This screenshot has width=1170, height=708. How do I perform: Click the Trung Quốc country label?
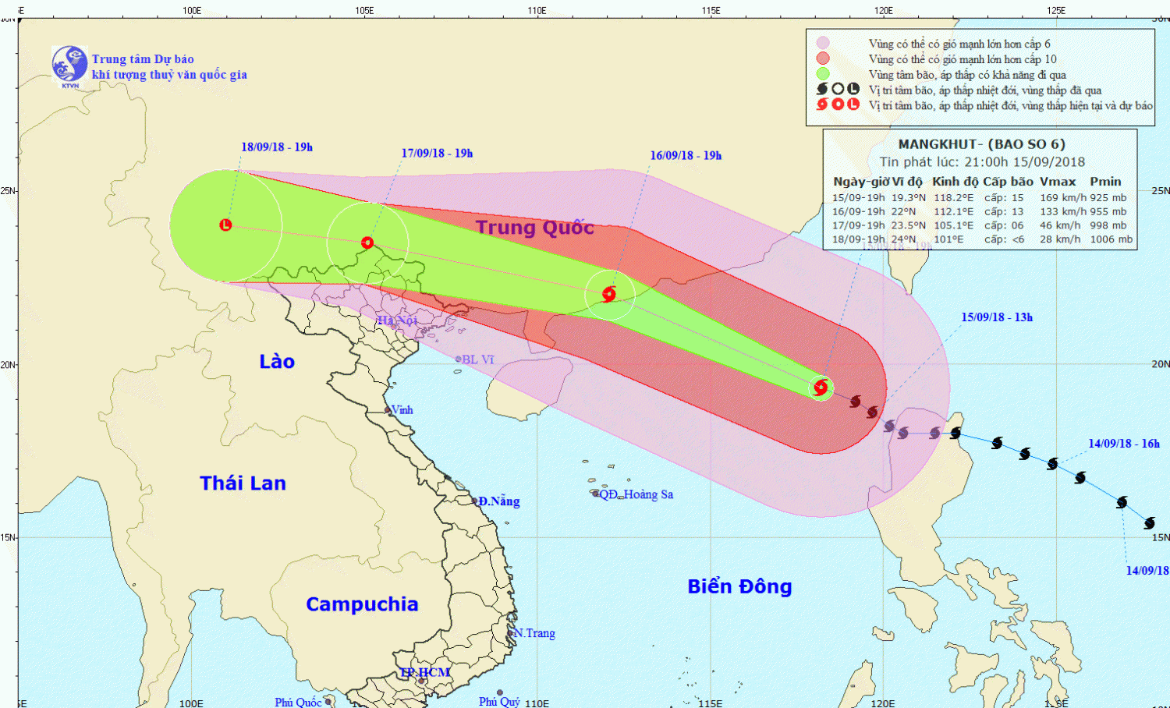click(534, 227)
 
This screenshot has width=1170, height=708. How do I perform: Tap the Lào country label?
click(277, 361)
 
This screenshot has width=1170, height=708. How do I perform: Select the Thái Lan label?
click(243, 483)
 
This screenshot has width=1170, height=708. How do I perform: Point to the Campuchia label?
click(362, 604)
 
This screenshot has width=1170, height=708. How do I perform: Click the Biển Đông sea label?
click(739, 586)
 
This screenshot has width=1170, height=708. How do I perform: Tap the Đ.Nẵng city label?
click(498, 501)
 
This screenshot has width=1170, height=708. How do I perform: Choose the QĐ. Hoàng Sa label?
click(636, 494)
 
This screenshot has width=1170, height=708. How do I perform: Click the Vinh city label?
click(402, 410)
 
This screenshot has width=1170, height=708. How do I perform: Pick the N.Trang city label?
click(535, 633)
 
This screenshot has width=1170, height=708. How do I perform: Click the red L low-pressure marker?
click(225, 225)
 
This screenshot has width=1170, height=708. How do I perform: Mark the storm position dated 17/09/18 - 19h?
click(367, 242)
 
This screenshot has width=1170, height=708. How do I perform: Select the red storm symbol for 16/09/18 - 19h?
click(609, 294)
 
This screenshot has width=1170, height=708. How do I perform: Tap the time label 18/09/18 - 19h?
click(276, 147)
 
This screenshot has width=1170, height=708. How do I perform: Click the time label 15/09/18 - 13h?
click(996, 317)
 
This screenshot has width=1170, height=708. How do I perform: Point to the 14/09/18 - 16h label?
click(1123, 443)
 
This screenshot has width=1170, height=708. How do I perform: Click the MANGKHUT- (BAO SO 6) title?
click(981, 144)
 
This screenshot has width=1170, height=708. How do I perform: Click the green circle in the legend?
click(823, 74)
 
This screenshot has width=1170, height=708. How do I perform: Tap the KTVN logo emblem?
click(69, 64)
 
